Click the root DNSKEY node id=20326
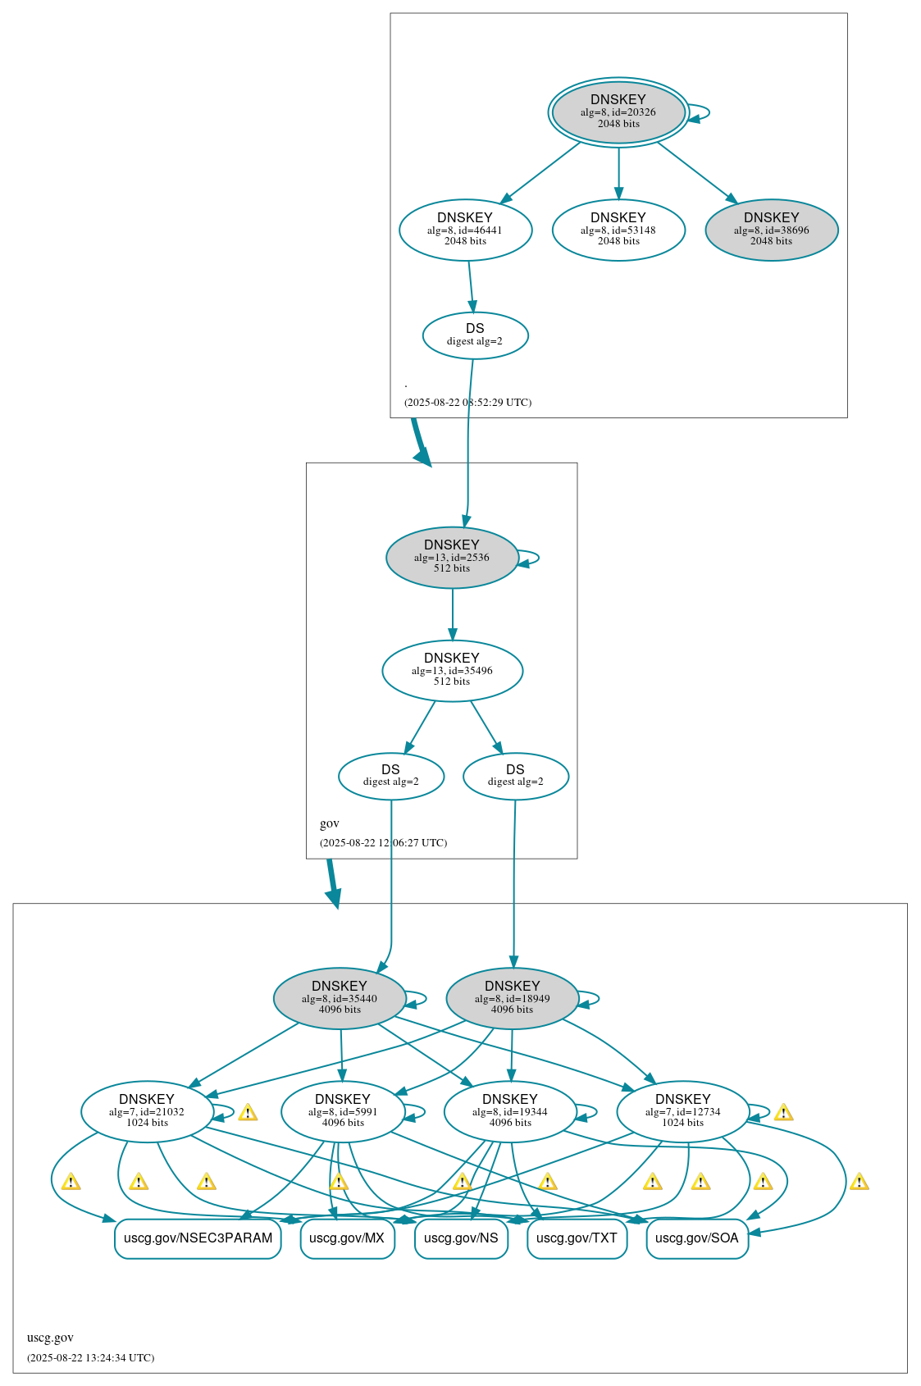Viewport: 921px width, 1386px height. pos(618,112)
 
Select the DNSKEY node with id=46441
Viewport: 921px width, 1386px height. pos(465,230)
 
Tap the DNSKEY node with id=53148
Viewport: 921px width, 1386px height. pos(618,230)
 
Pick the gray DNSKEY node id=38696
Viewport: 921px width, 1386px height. pos(771,230)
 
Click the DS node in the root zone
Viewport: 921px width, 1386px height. pos(475,335)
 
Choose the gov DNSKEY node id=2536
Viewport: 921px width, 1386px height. pos(452,557)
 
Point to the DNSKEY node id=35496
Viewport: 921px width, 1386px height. pos(452,670)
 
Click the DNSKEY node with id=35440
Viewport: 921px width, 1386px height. pos(340,998)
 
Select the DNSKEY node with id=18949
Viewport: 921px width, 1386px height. pos(512,998)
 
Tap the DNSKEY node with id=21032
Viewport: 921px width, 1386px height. pos(147,1111)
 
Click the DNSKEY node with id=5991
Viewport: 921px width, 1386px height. pos(343,1111)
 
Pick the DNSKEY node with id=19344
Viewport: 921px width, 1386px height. pos(509,1111)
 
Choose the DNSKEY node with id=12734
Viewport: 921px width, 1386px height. pos(682,1111)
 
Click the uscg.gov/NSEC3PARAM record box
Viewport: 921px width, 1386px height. pos(198,1238)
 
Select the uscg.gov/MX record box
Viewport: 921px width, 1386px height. pos(347,1238)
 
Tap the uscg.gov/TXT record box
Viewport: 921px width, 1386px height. pos(577,1238)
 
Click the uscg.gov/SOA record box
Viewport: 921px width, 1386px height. pos(696,1238)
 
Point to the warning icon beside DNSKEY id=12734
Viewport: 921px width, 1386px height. pos(783,1113)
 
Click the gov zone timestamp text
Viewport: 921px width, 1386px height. pos(383,842)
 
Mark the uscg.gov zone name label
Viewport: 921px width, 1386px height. pos(50,1338)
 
